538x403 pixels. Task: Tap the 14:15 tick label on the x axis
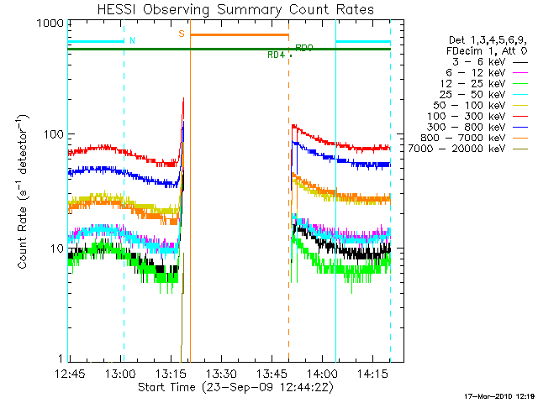click(372, 373)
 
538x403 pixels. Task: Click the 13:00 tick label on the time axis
click(119, 373)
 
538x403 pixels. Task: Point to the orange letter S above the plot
click(181, 34)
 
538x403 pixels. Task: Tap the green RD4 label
click(276, 55)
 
